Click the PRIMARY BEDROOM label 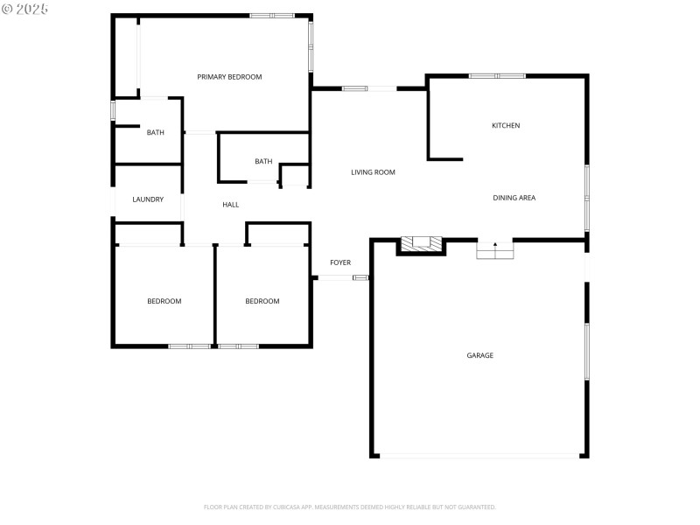click(229, 77)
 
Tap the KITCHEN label click(506, 126)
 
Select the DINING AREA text click(514, 198)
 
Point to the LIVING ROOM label click(373, 172)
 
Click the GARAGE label click(479, 355)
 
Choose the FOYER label click(340, 262)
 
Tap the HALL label click(231, 205)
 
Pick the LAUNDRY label click(148, 199)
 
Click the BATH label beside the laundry click(155, 133)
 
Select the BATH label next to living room click(263, 161)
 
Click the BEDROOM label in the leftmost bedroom click(164, 301)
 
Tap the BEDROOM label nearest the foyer click(262, 301)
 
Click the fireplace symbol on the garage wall click(422, 244)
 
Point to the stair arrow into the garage click(494, 246)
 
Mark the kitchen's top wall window click(497, 76)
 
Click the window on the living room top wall click(354, 88)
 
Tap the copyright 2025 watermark click(25, 9)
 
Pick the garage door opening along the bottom click(479, 455)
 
